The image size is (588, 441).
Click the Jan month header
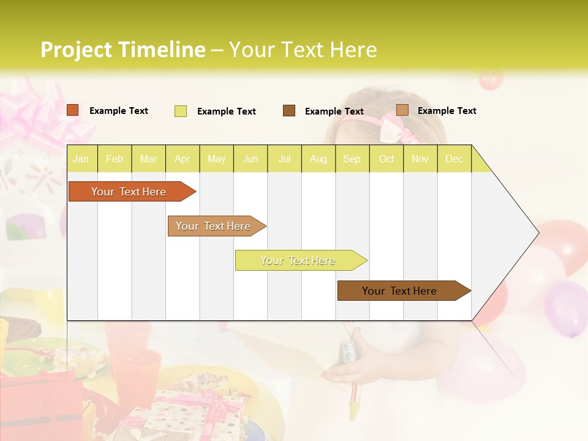81,159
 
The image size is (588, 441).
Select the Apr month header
183,159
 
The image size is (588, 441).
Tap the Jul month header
284,159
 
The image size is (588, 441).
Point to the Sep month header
352,159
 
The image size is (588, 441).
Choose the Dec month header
454,159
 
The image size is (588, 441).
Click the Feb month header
115,159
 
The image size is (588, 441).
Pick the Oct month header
386,159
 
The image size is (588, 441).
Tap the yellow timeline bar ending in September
298,260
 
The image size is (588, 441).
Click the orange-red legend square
73,110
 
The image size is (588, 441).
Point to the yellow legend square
181,111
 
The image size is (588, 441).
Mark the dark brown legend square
289,111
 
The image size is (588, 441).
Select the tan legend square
402,110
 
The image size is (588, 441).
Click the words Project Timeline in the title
123,50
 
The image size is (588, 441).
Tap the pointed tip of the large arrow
537,233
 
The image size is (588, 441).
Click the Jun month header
251,159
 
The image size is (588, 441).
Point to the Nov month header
420,159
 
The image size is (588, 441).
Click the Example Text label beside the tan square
447,111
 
